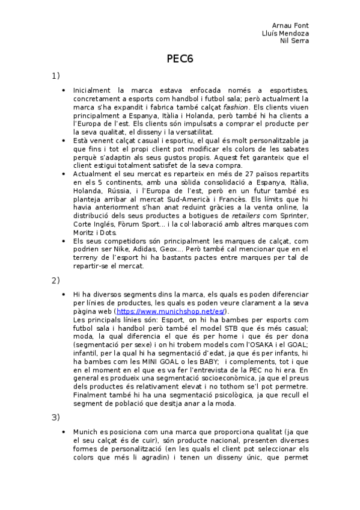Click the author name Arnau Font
point(291,26)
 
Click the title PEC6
point(180,58)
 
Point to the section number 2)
point(55,280)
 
